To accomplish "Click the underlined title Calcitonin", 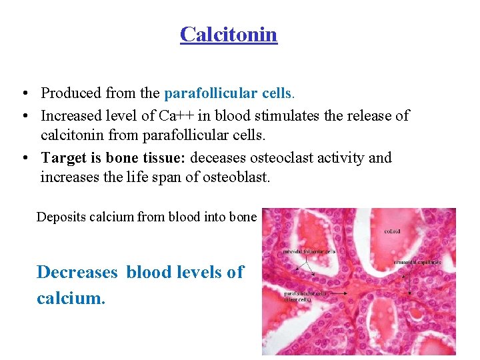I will click(x=228, y=34).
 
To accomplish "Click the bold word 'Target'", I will click(x=65, y=158).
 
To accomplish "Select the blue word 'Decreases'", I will click(x=77, y=272).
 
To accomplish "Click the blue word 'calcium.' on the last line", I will click(x=71, y=298).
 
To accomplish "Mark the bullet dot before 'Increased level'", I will click(x=23, y=116).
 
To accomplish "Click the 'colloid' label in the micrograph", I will click(x=392, y=232).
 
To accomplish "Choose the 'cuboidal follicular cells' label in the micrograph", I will click(x=309, y=252).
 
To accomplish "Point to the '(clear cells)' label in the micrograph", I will click(x=298, y=299).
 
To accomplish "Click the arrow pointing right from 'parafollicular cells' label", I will click(x=353, y=293).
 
